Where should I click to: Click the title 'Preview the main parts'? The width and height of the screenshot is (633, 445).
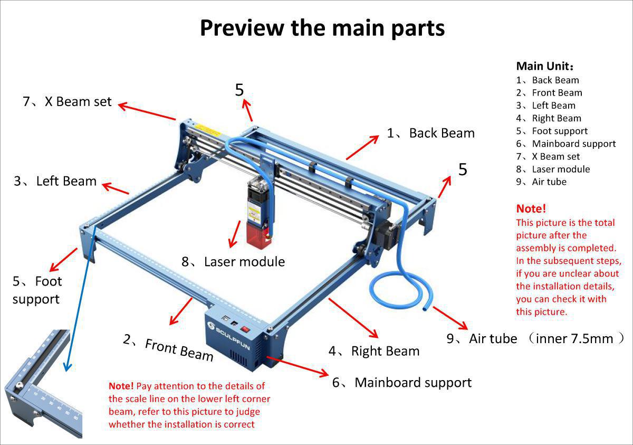tap(322, 27)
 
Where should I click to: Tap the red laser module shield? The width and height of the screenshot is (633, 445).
tap(258, 232)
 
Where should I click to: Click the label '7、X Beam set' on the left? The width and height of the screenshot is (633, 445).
tap(68, 101)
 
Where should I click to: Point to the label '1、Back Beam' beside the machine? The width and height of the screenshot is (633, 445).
tap(430, 133)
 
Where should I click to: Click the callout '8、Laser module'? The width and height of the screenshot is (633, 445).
tap(233, 261)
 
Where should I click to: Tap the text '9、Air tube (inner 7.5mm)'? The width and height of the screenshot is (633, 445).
tap(535, 338)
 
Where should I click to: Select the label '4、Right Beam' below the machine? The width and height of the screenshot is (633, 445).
tap(374, 351)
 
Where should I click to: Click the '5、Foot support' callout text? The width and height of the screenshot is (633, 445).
tap(37, 290)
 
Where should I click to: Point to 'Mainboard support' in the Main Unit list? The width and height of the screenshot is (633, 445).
tap(573, 144)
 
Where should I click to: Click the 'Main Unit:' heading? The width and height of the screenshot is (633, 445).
tap(545, 67)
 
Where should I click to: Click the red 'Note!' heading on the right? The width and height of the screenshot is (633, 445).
tap(531, 209)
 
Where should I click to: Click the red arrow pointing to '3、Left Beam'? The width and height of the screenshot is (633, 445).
tap(116, 188)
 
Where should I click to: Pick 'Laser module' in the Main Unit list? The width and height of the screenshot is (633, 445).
tap(561, 169)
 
